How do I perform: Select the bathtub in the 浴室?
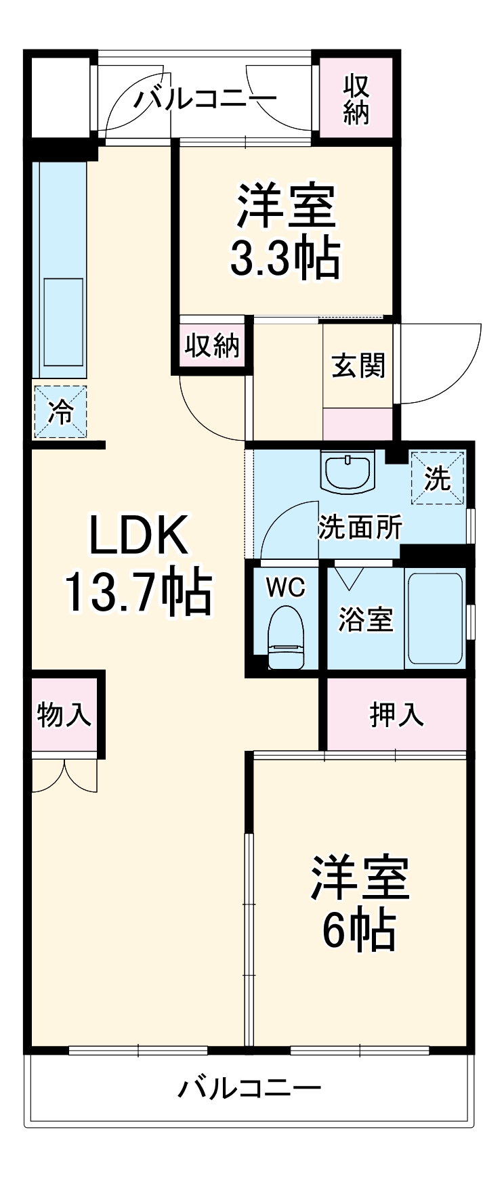click(x=435, y=619)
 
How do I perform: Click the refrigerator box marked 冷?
click(x=61, y=412)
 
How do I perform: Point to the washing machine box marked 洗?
click(x=438, y=478)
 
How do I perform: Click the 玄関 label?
click(x=358, y=366)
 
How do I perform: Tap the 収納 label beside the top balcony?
click(x=356, y=100)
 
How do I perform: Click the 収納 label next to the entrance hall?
click(x=213, y=346)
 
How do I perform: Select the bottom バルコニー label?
click(x=249, y=1089)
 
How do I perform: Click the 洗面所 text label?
click(x=360, y=527)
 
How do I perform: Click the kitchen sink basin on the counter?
click(x=63, y=322)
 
